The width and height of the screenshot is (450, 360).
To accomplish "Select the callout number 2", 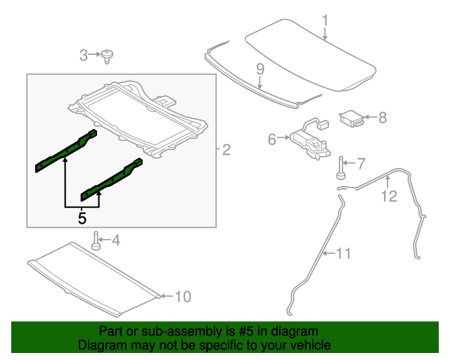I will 226,149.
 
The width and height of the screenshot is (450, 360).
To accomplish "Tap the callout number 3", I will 83,55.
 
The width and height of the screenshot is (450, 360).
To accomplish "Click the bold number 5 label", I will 82,219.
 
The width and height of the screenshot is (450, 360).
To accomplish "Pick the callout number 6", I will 272,139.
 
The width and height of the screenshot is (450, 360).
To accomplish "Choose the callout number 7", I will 361,165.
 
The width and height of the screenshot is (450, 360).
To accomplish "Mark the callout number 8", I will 382,117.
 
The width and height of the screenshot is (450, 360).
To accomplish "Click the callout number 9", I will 259,69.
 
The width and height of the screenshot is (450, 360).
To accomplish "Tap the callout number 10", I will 182,297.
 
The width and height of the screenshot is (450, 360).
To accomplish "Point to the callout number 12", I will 389,196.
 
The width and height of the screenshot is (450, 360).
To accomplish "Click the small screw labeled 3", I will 108,55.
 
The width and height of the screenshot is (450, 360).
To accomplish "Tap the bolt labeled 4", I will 97,242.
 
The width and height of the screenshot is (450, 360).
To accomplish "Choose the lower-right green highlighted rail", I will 111,179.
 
